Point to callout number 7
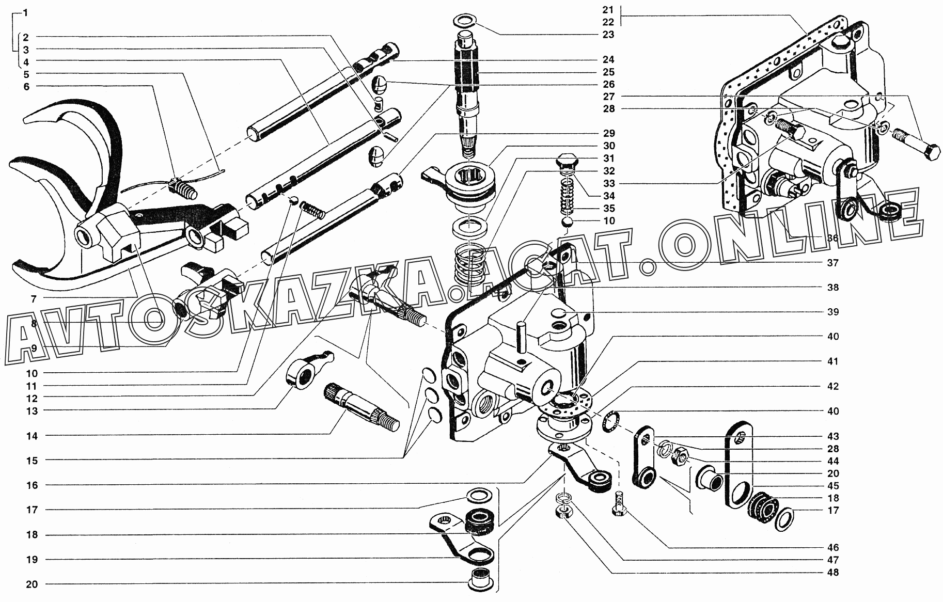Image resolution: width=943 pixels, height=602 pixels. click(x=33, y=298)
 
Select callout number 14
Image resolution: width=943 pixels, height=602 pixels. click(x=33, y=436)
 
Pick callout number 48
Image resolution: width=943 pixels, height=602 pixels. click(x=832, y=572)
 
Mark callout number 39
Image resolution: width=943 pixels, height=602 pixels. click(x=832, y=312)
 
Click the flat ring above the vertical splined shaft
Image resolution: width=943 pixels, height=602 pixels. click(x=465, y=21)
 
